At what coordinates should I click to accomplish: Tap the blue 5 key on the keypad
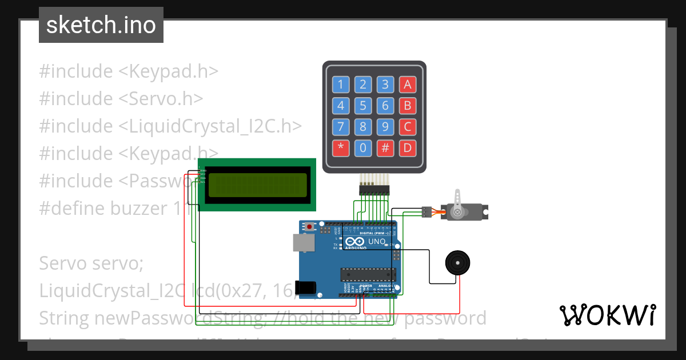pyautogui.click(x=363, y=106)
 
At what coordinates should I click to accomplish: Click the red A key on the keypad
pyautogui.click(x=408, y=85)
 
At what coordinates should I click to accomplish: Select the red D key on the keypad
pyautogui.click(x=408, y=148)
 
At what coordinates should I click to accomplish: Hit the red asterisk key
pyautogui.click(x=341, y=148)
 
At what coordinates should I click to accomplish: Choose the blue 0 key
pyautogui.click(x=363, y=148)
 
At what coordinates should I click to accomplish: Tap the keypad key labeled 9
pyautogui.click(x=385, y=127)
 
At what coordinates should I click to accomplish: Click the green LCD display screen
pyautogui.click(x=257, y=185)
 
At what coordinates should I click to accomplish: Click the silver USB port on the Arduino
pyautogui.click(x=302, y=243)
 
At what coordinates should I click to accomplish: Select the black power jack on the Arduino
pyautogui.click(x=305, y=287)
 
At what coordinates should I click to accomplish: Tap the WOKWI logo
pyautogui.click(x=607, y=315)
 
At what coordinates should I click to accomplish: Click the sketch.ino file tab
pyautogui.click(x=101, y=25)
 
